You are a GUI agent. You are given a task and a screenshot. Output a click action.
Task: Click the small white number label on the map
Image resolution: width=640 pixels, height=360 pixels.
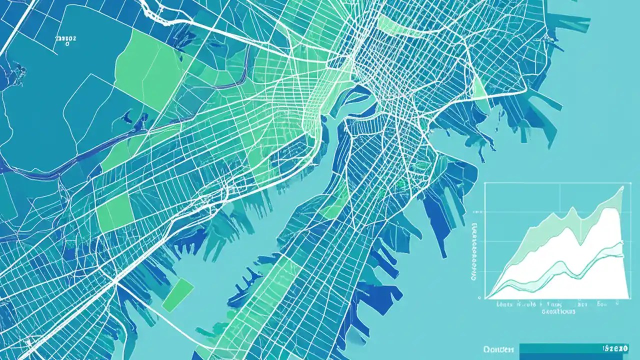point(65,38)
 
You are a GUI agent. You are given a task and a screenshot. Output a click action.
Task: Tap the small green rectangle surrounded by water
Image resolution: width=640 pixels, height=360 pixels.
point(178,295)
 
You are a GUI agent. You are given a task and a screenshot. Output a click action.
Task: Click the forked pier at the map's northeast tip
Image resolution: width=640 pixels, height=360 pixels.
point(575,22)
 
